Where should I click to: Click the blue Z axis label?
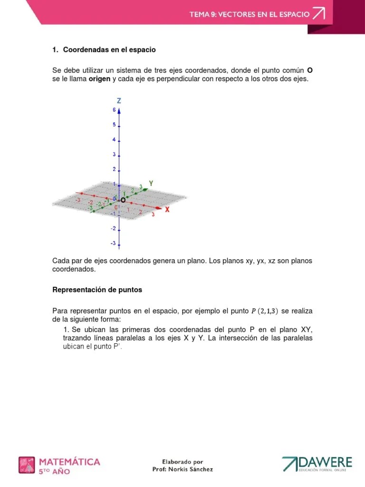click(119, 101)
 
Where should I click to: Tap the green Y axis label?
click(151, 183)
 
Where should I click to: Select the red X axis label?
click(167, 209)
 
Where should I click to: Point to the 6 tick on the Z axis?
click(114, 110)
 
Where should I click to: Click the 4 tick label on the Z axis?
click(114, 140)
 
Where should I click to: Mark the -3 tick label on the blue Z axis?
click(113, 243)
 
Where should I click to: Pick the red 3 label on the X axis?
click(153, 215)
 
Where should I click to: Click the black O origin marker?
click(123, 201)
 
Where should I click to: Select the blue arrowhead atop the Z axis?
click(119, 110)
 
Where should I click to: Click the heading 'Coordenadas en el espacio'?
click(109, 49)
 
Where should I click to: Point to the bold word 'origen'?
click(99, 79)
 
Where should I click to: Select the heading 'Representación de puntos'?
click(97, 290)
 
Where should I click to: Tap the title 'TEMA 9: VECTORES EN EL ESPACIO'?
click(250, 14)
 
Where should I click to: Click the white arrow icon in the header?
click(318, 14)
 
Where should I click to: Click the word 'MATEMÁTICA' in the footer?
click(69, 461)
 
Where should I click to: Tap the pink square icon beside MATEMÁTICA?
click(27, 465)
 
